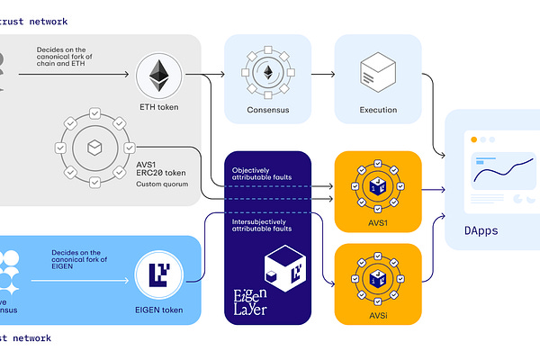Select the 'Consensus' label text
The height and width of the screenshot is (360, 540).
(x=266, y=111)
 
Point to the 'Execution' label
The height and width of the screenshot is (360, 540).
(x=378, y=111)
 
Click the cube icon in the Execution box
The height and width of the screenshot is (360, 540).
(x=378, y=70)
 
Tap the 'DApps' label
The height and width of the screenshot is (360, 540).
(x=481, y=230)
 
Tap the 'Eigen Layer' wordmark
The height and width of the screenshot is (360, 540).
(x=248, y=299)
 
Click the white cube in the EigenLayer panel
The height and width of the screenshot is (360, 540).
(x=282, y=267)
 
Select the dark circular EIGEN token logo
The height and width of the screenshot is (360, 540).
(x=158, y=274)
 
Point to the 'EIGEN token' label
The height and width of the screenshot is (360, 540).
(x=159, y=310)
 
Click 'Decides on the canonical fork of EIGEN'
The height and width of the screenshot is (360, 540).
(x=76, y=258)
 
